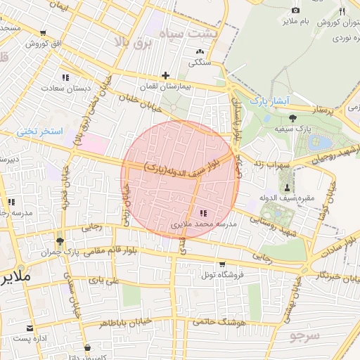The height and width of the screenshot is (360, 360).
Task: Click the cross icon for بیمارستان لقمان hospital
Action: point(165,75)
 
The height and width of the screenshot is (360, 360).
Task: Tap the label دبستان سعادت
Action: point(62,89)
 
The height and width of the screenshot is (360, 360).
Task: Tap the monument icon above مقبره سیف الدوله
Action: point(287,188)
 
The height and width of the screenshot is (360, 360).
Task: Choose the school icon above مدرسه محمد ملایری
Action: point(204,213)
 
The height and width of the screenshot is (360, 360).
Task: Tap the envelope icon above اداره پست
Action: point(30,328)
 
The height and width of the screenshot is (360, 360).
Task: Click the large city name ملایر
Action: point(15,276)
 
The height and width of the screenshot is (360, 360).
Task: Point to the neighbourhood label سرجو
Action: point(304,336)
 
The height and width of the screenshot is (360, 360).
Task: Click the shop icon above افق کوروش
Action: point(44,33)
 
